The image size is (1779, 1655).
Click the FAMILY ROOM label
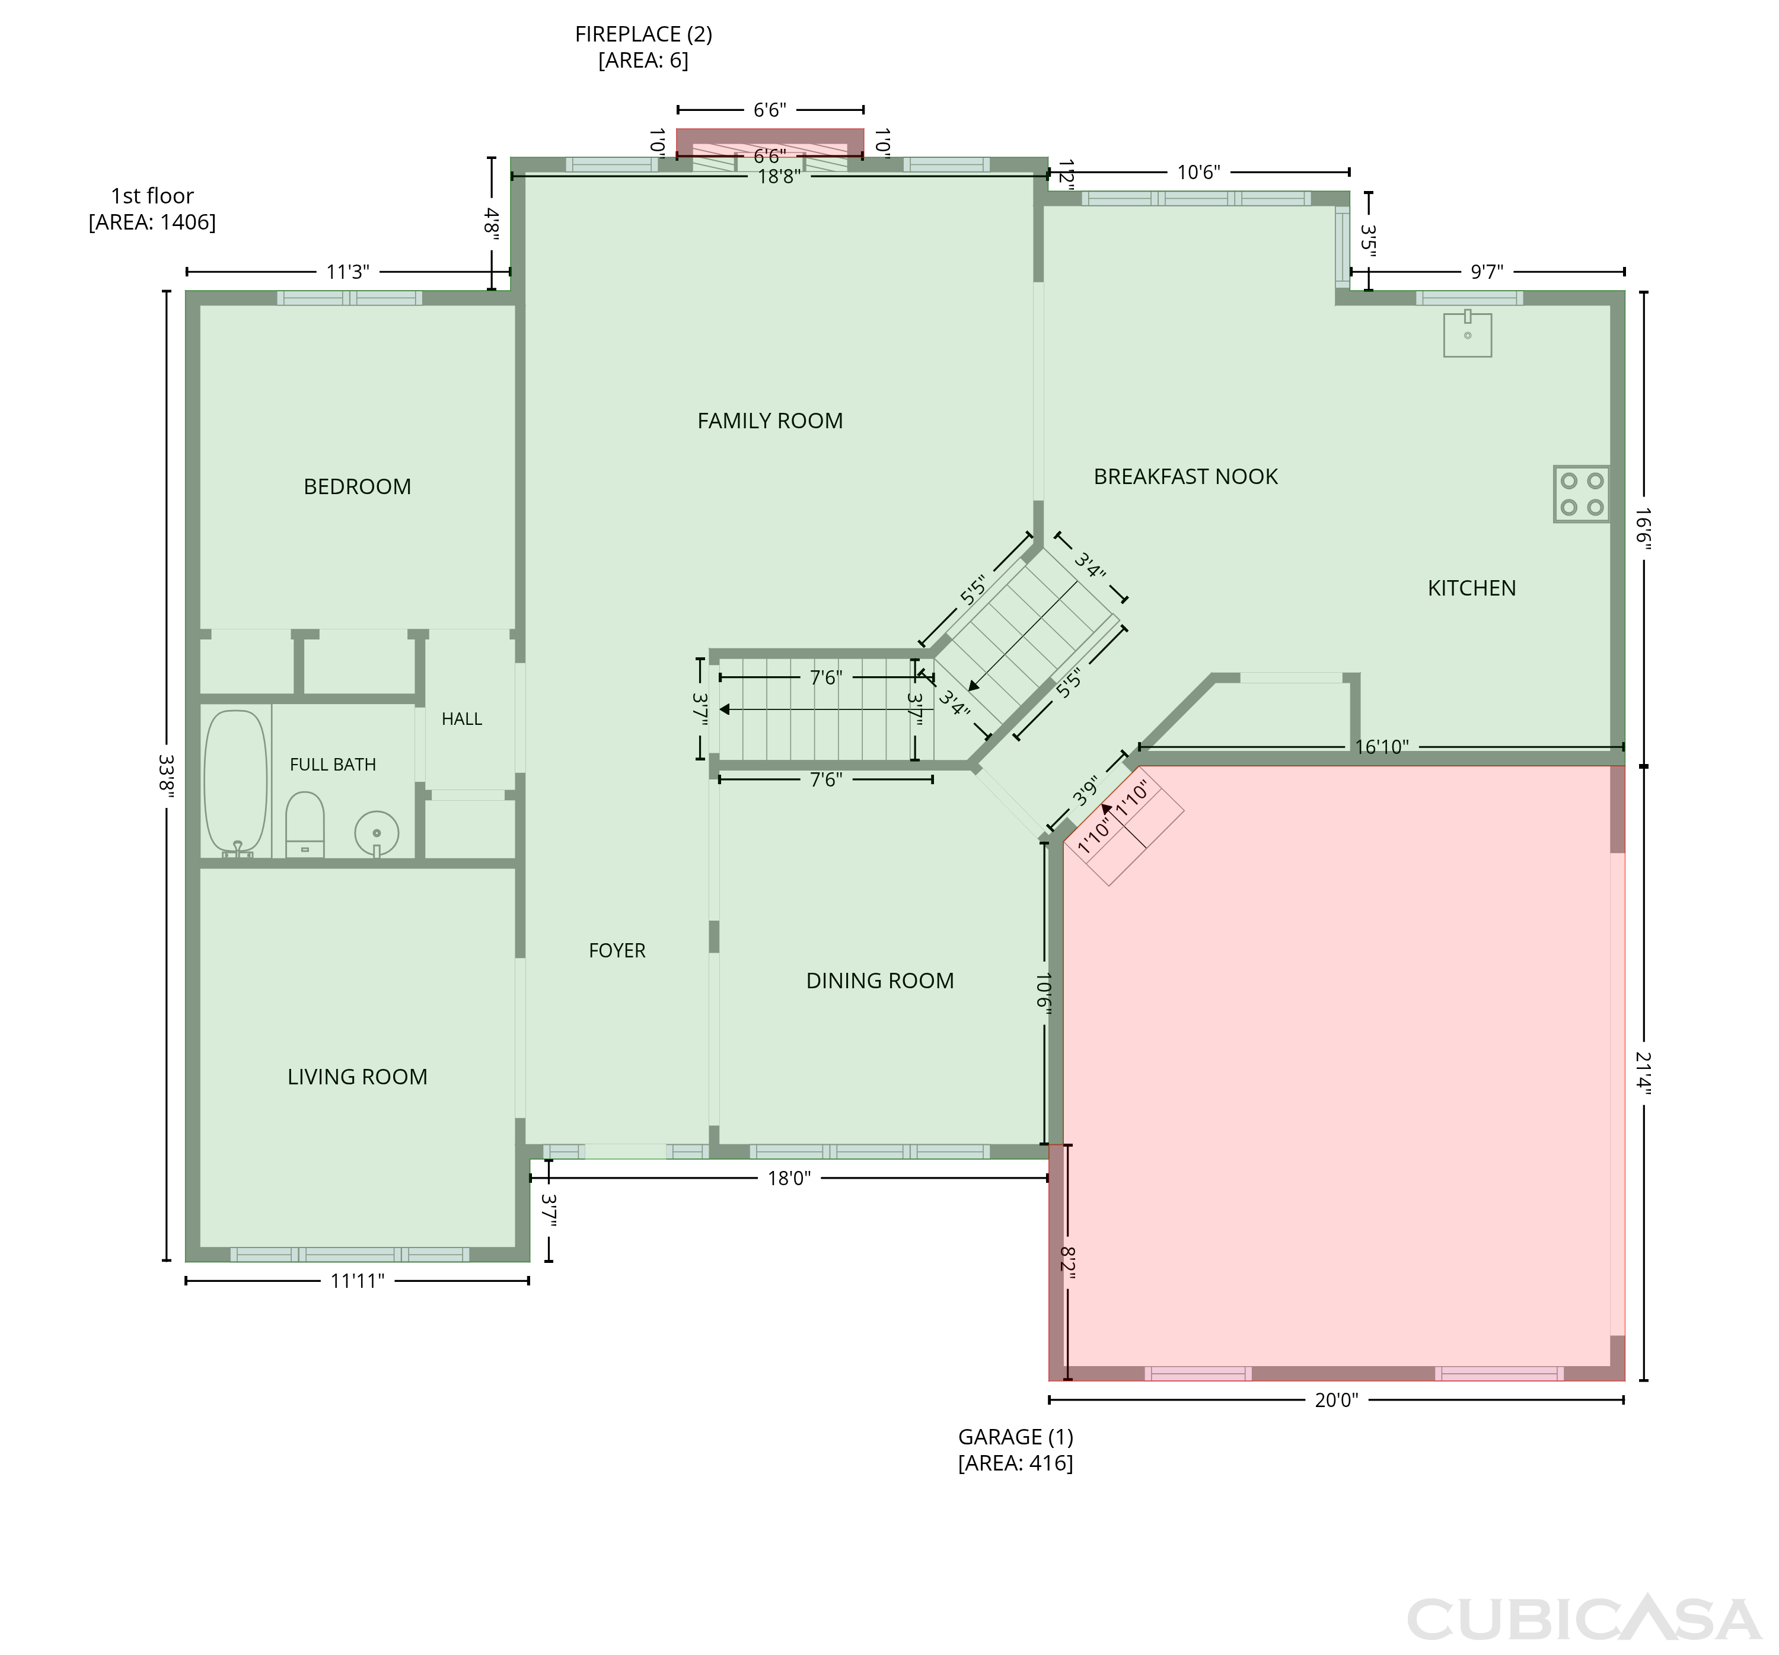click(x=770, y=421)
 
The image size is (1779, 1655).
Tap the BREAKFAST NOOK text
click(x=1185, y=476)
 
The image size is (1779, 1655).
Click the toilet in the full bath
click(x=304, y=825)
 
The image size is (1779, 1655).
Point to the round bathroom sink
click(x=377, y=834)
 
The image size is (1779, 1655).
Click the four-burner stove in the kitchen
click(x=1581, y=494)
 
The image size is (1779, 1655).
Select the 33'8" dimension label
click(x=165, y=776)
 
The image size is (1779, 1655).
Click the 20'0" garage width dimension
click(x=1336, y=1400)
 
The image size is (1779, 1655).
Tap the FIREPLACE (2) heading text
click(x=643, y=34)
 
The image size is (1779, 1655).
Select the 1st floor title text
click(x=152, y=196)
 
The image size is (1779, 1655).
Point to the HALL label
click(x=462, y=719)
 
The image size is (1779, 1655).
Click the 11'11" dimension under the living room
click(x=357, y=1281)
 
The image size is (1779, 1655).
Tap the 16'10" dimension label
click(x=1382, y=746)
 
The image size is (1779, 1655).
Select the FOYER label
click(x=617, y=950)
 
